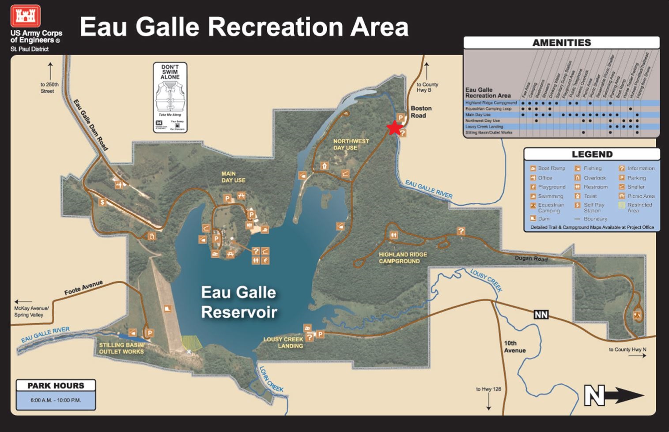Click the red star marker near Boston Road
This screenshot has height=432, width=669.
click(394, 128)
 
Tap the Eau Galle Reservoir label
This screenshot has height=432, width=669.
click(239, 302)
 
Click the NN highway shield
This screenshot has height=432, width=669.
click(541, 315)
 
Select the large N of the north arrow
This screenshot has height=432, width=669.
click(594, 396)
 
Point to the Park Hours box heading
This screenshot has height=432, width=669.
click(56, 386)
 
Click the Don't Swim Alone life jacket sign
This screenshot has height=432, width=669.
click(170, 97)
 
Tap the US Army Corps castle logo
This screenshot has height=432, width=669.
click(26, 16)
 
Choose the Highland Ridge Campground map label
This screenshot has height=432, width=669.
click(402, 258)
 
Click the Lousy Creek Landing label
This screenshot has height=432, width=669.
click(283, 342)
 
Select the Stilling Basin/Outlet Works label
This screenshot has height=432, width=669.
click(121, 348)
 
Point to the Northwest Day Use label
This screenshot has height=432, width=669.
click(351, 144)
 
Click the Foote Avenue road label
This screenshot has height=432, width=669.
click(83, 288)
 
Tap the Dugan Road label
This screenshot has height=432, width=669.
click(531, 259)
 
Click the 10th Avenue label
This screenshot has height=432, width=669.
click(514, 346)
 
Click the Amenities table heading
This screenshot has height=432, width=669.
click(561, 43)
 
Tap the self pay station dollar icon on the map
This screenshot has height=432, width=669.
click(102, 202)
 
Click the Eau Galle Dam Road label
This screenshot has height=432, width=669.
click(91, 125)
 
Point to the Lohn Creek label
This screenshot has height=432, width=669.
click(271, 379)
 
